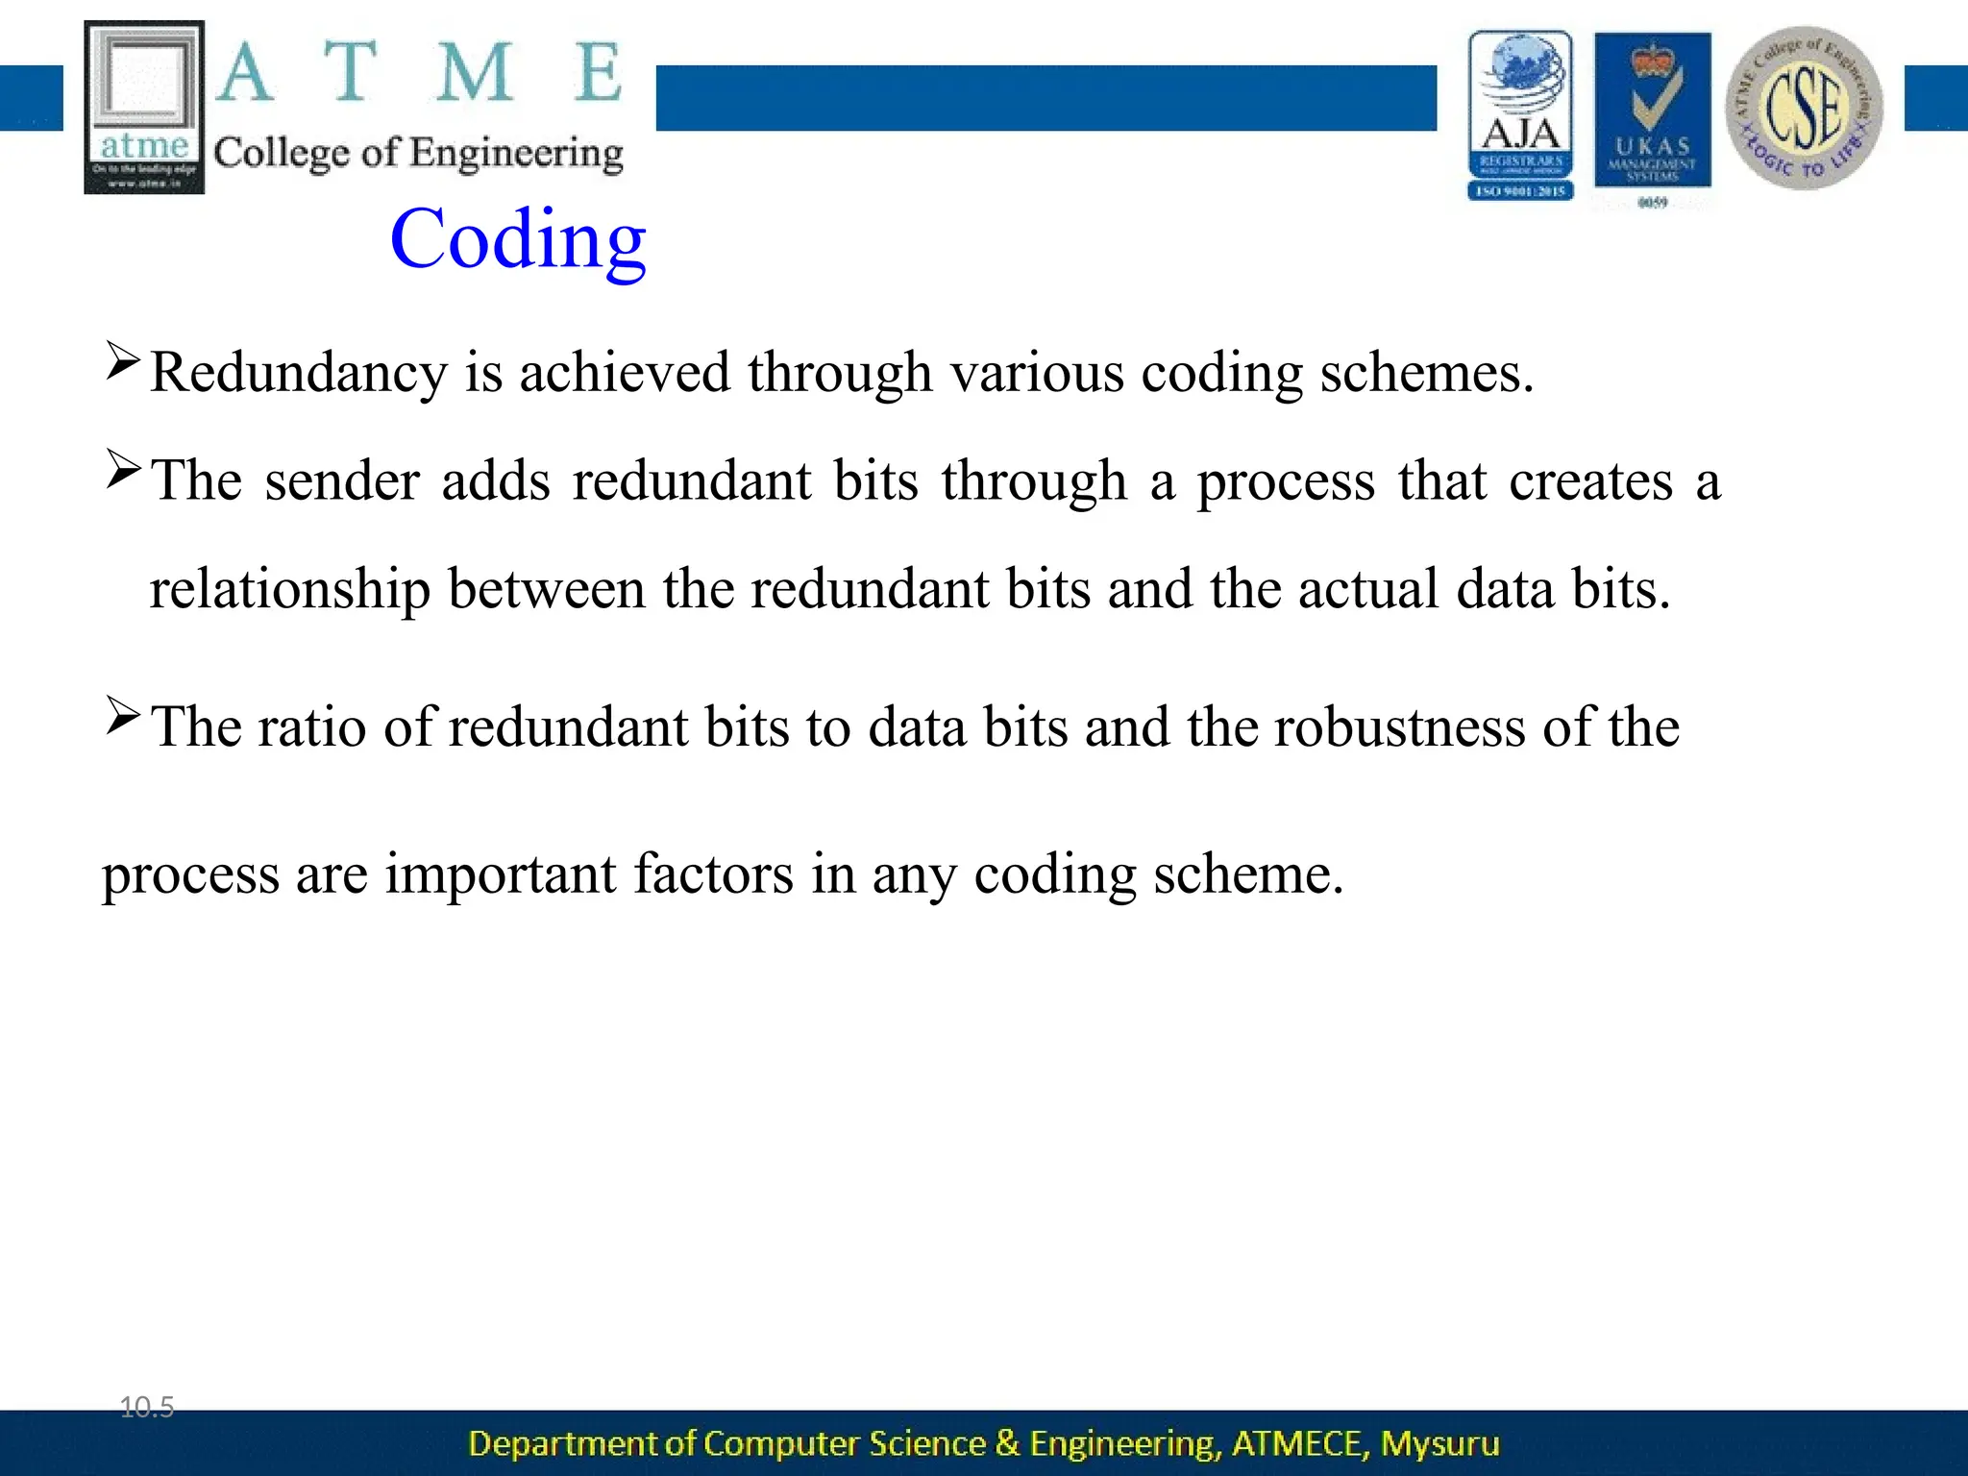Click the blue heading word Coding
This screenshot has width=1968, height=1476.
point(518,240)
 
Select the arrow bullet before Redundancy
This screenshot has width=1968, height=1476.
point(123,361)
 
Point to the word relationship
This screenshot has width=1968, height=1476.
point(289,590)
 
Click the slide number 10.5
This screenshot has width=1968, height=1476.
point(146,1408)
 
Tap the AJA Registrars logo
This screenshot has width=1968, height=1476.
point(1520,115)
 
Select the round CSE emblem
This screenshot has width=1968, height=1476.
point(1804,108)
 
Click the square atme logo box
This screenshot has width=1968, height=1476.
point(144,106)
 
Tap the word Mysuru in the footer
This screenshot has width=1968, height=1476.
point(1439,1443)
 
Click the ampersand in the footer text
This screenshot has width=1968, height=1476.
point(1007,1443)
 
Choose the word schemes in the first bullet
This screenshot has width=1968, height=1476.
point(1425,373)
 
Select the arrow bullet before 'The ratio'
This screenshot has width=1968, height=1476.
point(123,716)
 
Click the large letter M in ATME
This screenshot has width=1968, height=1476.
point(474,73)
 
